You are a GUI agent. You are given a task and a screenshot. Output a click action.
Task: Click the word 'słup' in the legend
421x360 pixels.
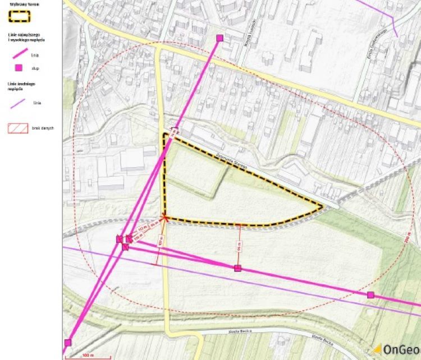click(x=35, y=68)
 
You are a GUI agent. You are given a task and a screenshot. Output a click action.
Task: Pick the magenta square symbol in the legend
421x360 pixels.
click(x=19, y=68)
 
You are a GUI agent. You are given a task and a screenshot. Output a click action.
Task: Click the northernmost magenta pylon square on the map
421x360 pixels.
click(x=219, y=38)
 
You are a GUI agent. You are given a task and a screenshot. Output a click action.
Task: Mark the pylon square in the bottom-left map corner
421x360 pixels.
click(x=68, y=343)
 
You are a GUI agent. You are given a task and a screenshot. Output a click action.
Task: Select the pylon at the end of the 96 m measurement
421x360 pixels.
click(x=237, y=269)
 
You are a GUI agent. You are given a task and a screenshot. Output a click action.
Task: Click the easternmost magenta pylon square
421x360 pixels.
click(x=370, y=295)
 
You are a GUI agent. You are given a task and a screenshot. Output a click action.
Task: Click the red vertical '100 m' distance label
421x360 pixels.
click(x=161, y=241)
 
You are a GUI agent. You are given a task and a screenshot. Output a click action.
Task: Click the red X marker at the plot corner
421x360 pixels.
click(x=164, y=217)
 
